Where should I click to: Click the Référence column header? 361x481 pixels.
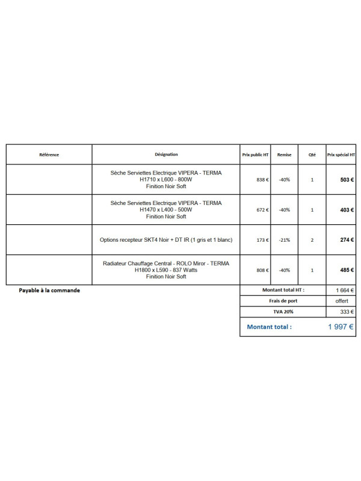(x=49, y=155)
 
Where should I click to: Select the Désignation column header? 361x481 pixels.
(x=166, y=155)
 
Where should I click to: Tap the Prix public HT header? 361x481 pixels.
(x=255, y=155)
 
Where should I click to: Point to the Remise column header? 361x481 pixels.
(x=285, y=155)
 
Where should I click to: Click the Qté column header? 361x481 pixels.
(x=312, y=155)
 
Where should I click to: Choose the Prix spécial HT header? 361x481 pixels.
(x=341, y=155)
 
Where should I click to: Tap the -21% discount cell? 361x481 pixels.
(x=285, y=240)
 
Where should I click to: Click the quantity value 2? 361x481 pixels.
(x=312, y=240)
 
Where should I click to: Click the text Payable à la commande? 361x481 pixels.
(x=49, y=290)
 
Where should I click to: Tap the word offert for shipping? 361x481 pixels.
(x=342, y=301)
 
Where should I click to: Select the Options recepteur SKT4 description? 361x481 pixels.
(x=166, y=240)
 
